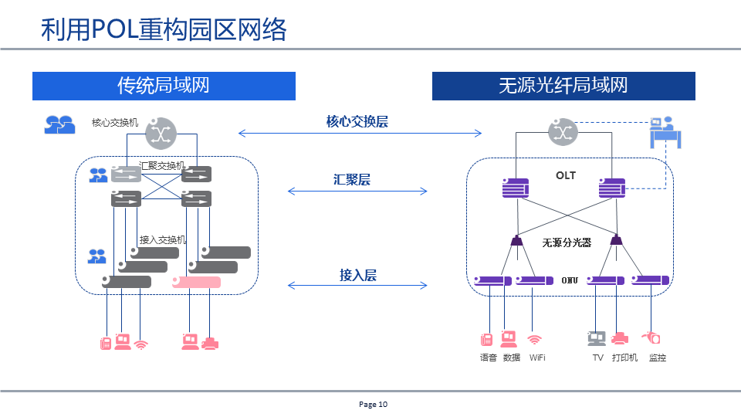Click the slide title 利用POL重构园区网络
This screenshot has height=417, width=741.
(164, 29)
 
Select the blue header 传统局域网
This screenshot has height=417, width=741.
(163, 85)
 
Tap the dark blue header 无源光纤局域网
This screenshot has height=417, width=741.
(563, 85)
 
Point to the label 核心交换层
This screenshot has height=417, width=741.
(357, 121)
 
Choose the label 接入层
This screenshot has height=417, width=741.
(357, 275)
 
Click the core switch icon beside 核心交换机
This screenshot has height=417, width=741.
(161, 133)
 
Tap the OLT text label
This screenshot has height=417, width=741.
(566, 175)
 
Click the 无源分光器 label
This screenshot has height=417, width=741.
(566, 242)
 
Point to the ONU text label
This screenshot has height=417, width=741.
(570, 280)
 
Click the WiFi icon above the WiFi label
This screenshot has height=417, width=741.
(534, 339)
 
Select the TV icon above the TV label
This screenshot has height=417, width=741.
(597, 339)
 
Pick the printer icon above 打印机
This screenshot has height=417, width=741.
(620, 338)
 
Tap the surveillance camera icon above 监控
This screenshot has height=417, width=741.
(651, 338)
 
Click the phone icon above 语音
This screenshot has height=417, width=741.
(487, 340)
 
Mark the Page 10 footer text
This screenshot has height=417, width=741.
(374, 404)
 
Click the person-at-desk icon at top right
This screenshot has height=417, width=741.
(664, 132)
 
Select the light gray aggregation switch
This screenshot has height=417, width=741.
(127, 174)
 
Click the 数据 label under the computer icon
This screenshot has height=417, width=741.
(511, 358)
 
